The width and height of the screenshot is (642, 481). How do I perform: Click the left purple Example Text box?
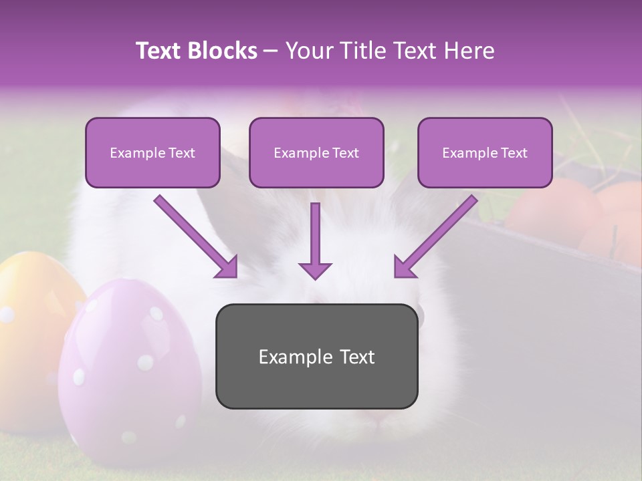point(152,152)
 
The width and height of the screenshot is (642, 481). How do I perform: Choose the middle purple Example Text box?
point(316,152)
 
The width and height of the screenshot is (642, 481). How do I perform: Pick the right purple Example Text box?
point(485,152)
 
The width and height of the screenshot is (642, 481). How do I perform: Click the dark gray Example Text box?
point(316,356)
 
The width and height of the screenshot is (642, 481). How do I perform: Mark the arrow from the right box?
point(435,236)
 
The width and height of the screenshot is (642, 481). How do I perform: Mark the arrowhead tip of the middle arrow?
point(315,278)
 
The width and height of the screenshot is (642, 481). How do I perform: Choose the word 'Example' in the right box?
point(467,153)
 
